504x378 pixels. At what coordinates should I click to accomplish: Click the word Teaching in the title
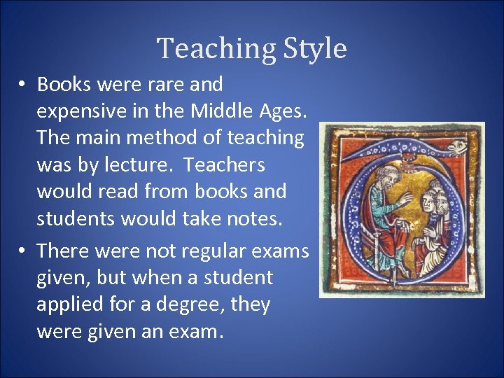coord(216,49)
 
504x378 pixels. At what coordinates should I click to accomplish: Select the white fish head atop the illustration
coord(457,147)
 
